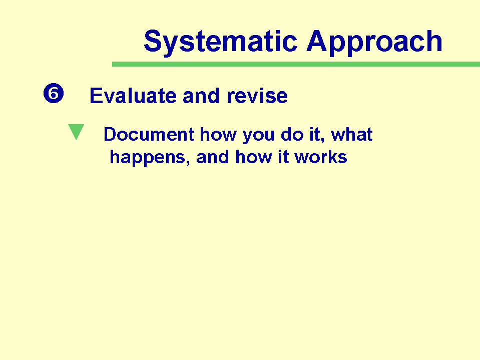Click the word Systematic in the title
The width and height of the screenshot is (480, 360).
pyautogui.click(x=220, y=42)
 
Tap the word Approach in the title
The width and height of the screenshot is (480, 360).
pyautogui.click(x=374, y=42)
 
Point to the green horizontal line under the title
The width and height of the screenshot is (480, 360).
pyautogui.click(x=296, y=64)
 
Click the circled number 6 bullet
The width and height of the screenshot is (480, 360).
pyautogui.click(x=54, y=93)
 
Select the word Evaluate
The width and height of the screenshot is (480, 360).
pyautogui.click(x=133, y=96)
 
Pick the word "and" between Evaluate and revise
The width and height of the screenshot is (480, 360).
pyautogui.click(x=201, y=96)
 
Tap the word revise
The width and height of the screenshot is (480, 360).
pyautogui.click(x=257, y=96)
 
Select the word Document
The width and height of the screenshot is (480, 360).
pyautogui.click(x=149, y=134)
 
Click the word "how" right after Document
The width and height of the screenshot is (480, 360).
pyautogui.click(x=218, y=134)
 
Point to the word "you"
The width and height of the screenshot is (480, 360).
pyautogui.click(x=258, y=136)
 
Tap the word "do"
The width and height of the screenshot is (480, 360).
pyautogui.click(x=292, y=134)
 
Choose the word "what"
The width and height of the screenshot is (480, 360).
pyautogui.click(x=352, y=134)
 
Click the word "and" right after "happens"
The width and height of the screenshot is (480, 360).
pyautogui.click(x=212, y=157)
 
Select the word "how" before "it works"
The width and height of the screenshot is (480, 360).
pyautogui.click(x=253, y=157)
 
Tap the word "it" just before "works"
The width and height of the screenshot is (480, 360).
pyautogui.click(x=283, y=157)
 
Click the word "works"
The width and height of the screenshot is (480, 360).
pyautogui.click(x=321, y=157)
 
